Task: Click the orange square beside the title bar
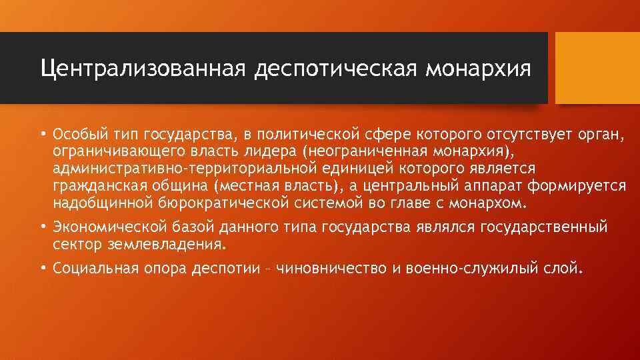597,68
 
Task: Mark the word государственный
545,227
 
